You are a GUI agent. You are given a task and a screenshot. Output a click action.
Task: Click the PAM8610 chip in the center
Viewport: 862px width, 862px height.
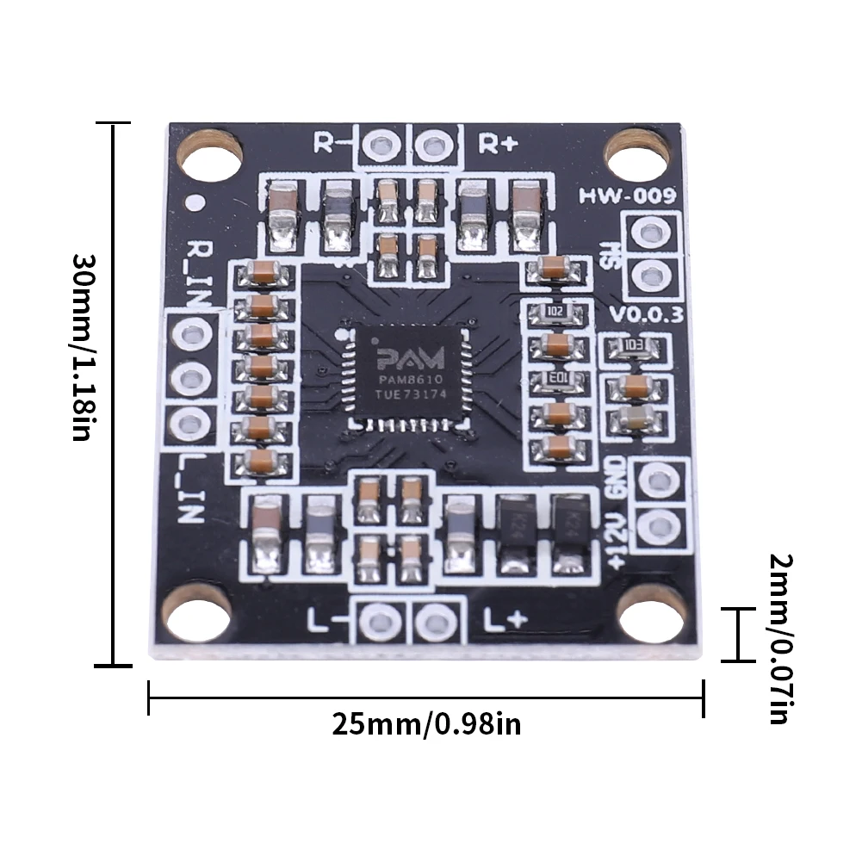(407, 375)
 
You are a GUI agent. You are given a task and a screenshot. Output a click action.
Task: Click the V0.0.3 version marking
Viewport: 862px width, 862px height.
(646, 314)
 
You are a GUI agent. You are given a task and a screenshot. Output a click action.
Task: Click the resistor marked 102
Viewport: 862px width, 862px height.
(556, 312)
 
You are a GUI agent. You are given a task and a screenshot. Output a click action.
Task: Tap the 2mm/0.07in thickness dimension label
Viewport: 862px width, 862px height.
(780, 638)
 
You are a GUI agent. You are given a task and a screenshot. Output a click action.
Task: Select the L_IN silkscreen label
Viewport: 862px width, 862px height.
(191, 491)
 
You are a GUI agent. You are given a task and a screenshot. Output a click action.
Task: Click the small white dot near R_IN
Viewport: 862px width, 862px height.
(196, 204)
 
